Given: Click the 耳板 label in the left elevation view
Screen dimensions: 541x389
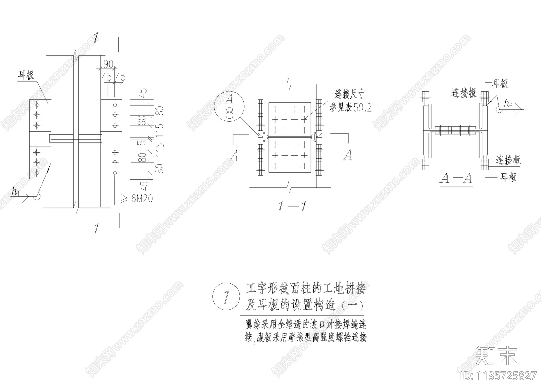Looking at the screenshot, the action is (x=26, y=75).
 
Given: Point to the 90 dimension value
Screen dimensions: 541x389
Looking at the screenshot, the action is (x=108, y=64).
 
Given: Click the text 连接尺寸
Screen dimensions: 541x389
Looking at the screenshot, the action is (x=349, y=94).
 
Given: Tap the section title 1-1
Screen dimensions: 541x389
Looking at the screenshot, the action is (x=292, y=206).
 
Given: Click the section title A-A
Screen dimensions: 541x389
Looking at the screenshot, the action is (x=456, y=178).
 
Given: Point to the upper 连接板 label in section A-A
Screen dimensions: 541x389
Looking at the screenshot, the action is (x=464, y=93).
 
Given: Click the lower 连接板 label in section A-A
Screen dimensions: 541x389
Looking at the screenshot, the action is (x=508, y=160).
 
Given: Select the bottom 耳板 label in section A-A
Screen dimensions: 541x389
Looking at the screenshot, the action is (x=509, y=177).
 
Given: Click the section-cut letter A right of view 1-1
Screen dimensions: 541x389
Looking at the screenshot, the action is (x=347, y=155).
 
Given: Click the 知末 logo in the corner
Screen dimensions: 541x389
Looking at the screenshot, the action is (x=496, y=355).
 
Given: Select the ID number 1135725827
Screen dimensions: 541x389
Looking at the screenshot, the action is (x=499, y=376).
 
